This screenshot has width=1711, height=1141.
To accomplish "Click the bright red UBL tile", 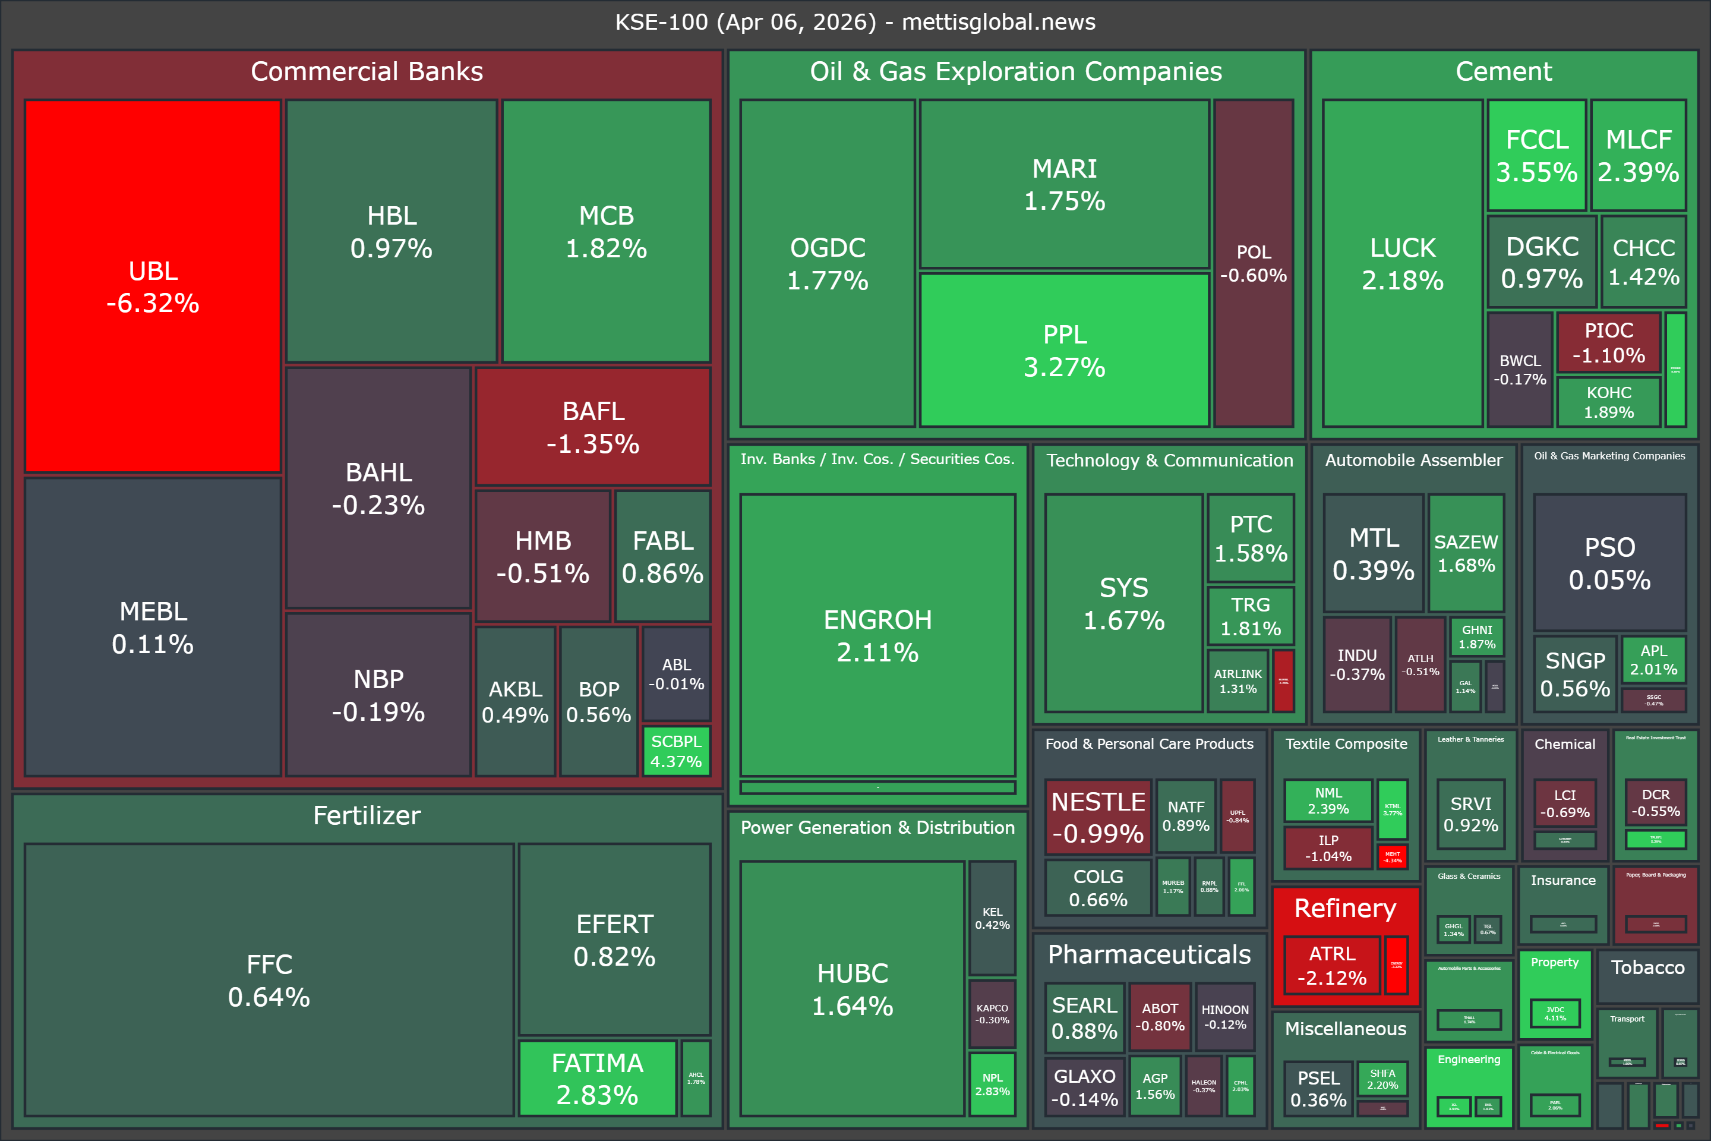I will tap(153, 286).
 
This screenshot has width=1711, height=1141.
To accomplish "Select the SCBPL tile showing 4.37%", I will tap(676, 751).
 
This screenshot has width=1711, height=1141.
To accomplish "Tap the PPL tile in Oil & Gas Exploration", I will tap(1064, 350).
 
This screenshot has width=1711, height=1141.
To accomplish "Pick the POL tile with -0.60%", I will tap(1254, 263).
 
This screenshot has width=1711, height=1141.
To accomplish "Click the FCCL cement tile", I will tap(1536, 155).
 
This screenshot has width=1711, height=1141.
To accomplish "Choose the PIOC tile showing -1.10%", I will tap(1608, 342).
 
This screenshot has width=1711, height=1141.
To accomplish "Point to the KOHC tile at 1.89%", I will tap(1608, 402).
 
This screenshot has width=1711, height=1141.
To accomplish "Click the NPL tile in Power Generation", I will tap(992, 1083).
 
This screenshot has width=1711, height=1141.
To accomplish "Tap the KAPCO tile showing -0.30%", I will tap(992, 1014).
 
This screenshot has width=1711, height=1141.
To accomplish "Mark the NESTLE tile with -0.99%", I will tap(1098, 817).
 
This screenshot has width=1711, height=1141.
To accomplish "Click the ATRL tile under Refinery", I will tap(1332, 965).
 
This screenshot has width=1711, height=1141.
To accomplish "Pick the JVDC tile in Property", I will tap(1555, 1013).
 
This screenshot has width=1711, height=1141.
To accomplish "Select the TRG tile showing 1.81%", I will tap(1251, 616).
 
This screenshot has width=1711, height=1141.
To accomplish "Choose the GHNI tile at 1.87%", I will tap(1477, 636).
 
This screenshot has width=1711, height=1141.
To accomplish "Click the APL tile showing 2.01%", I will tap(1653, 659).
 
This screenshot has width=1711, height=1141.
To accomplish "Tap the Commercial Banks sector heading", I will tap(367, 71).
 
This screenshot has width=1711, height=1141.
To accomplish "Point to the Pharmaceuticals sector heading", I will tap(1148, 954).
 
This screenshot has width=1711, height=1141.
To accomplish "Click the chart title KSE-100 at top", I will tap(855, 22).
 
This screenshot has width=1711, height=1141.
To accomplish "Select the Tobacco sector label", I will tap(1647, 967).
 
